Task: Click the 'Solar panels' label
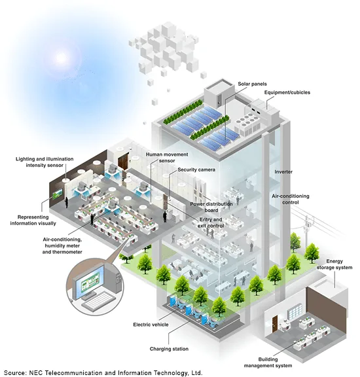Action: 252,84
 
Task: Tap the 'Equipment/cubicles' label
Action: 287,92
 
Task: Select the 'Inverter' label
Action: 283,171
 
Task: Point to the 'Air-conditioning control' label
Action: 291,199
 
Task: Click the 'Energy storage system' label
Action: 334,264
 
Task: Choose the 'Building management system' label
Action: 268,363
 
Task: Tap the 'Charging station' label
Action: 169,349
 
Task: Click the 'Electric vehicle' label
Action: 151,325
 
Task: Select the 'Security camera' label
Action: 196,170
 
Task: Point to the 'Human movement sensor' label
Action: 167,158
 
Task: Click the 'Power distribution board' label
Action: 211,207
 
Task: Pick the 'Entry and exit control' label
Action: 211,223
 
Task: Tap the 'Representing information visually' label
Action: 33,220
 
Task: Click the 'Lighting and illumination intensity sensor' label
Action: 45,162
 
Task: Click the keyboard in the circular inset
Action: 99,300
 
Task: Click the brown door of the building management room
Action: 275,324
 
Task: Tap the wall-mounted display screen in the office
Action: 58,194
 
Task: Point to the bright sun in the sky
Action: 61,58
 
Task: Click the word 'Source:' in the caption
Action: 16,372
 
